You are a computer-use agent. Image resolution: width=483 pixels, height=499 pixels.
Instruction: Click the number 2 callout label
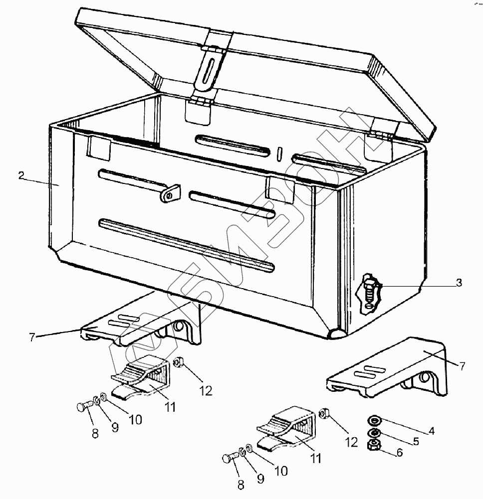(21, 175)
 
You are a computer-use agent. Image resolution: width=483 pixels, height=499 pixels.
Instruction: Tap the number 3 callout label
(459, 283)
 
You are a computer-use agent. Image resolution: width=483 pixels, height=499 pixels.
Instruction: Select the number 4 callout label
(432, 431)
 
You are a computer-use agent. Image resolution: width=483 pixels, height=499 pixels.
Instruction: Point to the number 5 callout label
(416, 441)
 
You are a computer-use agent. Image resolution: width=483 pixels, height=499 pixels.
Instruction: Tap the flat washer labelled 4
(374, 418)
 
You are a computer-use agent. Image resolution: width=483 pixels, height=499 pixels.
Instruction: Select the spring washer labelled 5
(374, 431)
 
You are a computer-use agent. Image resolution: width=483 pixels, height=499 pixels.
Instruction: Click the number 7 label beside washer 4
(462, 366)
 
